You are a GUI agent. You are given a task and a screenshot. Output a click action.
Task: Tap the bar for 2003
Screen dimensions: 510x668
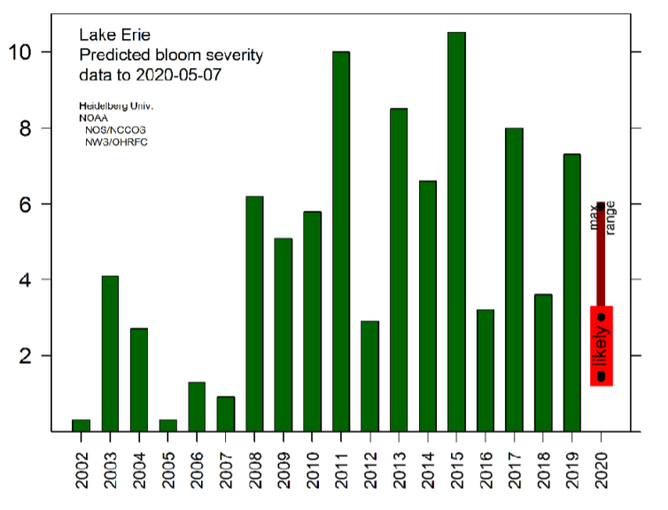[110, 353]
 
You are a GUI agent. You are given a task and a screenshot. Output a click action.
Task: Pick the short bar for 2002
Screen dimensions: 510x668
[81, 425]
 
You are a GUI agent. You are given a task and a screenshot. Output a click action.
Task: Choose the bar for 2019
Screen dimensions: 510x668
[572, 292]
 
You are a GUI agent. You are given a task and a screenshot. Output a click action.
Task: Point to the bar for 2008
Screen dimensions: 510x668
[254, 313]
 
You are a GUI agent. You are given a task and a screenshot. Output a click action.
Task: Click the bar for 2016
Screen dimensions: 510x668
[485, 370]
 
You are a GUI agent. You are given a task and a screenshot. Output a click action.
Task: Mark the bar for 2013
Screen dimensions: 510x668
[399, 270]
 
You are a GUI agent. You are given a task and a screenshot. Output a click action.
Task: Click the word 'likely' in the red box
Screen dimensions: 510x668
[602, 346]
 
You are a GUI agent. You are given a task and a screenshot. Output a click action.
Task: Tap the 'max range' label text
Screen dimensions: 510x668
[602, 217]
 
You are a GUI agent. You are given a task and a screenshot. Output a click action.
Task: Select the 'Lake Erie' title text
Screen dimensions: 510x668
[111, 35]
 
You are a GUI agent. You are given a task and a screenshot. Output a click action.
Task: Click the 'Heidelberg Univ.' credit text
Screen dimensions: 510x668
[116, 106]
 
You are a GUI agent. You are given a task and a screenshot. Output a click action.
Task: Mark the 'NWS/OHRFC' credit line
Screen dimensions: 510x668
[116, 142]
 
